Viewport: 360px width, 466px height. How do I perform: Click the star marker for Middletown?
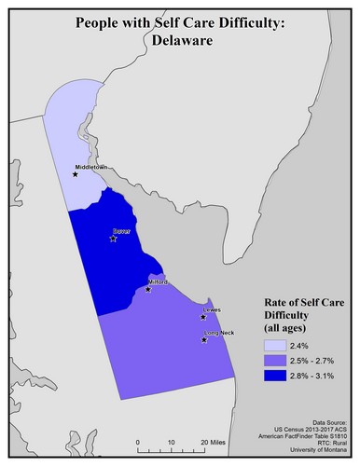tap(76, 173)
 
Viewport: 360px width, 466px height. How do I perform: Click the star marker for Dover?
tap(113, 239)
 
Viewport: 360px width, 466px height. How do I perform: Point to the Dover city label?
tap(120, 229)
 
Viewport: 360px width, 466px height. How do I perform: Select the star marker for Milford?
tap(148, 290)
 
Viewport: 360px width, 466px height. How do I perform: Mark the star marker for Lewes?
tap(203, 317)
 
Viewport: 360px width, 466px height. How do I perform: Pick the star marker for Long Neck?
tap(204, 341)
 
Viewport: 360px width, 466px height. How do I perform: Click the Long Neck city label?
tap(217, 333)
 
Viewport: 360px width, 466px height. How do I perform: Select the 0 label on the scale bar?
tap(137, 441)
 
